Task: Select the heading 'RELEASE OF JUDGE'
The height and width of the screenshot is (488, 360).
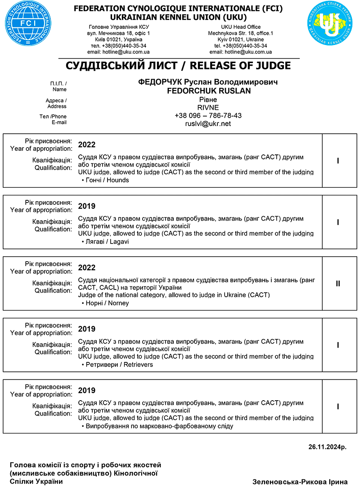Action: pyautogui.click(x=240, y=66)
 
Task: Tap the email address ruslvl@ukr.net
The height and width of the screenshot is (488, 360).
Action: pyautogui.click(x=208, y=124)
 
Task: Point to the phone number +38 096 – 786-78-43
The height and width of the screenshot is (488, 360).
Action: pyautogui.click(x=208, y=116)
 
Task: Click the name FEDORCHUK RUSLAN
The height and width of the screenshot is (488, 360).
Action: pyautogui.click(x=208, y=91)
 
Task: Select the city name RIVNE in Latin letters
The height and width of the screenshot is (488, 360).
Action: pyautogui.click(x=208, y=108)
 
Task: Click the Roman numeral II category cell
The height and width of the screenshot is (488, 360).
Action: pyautogui.click(x=338, y=284)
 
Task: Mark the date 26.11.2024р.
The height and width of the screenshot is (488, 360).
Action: pyautogui.click(x=328, y=447)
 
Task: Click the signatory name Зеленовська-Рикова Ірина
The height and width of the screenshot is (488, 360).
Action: pyautogui.click(x=300, y=481)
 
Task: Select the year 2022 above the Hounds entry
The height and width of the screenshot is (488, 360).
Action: pyautogui.click(x=87, y=145)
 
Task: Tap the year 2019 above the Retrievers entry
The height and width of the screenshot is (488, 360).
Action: pyautogui.click(x=87, y=329)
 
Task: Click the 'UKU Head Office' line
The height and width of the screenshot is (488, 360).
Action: pyautogui.click(x=241, y=27)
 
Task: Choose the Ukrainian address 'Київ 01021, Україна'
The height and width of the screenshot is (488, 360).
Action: pyautogui.click(x=118, y=40)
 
